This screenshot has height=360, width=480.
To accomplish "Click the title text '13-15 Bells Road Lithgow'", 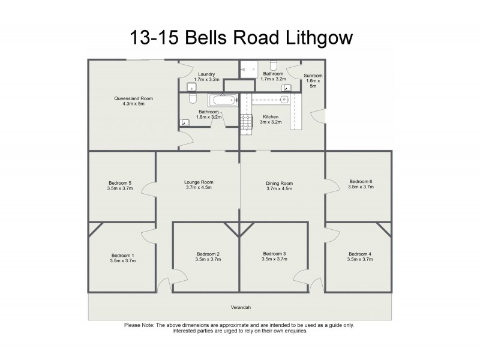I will pyautogui.click(x=241, y=38).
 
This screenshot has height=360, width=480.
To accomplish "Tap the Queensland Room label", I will pyautogui.click(x=130, y=98).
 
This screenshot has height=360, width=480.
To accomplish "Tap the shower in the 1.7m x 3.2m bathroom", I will pyautogui.click(x=248, y=69).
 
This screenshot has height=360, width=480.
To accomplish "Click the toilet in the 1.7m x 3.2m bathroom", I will pyautogui.click(x=274, y=65).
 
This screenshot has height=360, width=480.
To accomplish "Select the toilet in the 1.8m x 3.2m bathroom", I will pyautogui.click(x=193, y=98).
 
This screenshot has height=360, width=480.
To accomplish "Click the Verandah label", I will pyautogui.click(x=239, y=308).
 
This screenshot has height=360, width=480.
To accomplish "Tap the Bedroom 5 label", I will pyautogui.click(x=120, y=182).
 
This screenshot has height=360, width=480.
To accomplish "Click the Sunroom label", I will pyautogui.click(x=313, y=76).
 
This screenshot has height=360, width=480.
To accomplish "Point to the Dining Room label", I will pyautogui.click(x=279, y=182).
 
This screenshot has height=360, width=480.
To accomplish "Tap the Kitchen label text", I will pyautogui.click(x=271, y=116).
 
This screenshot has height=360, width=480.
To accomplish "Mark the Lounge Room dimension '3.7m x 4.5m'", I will pyautogui.click(x=199, y=188).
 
